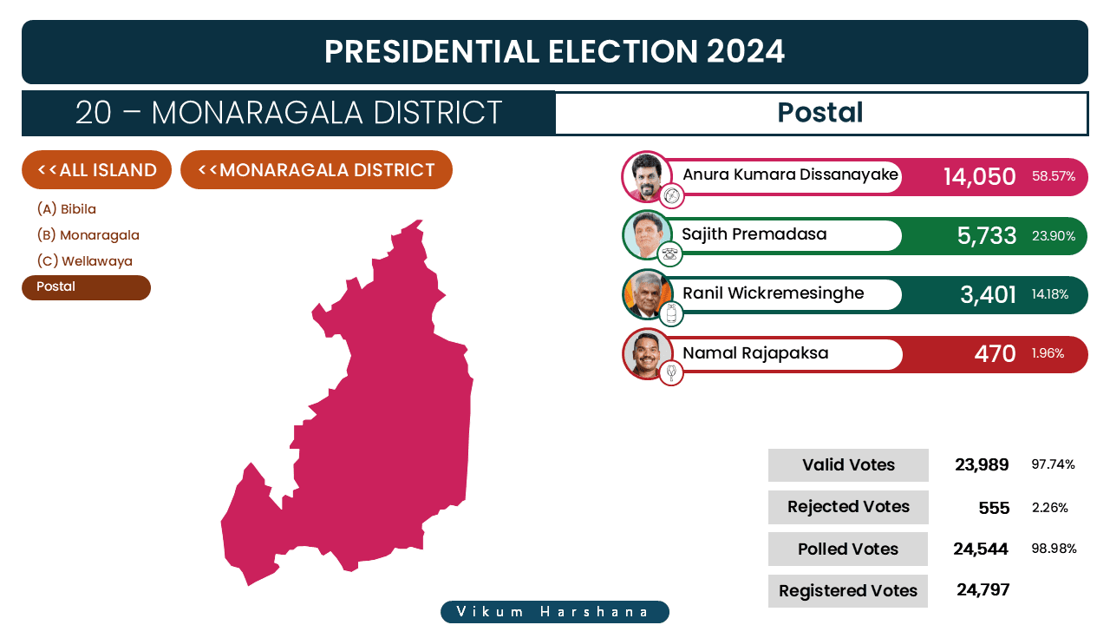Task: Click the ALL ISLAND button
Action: pyautogui.click(x=96, y=169)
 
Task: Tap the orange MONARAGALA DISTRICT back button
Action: pyautogui.click(x=317, y=169)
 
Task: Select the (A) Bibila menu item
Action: pyautogui.click(x=67, y=209)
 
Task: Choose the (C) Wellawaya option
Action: pyautogui.click(x=85, y=261)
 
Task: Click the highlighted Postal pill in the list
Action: pyautogui.click(x=86, y=287)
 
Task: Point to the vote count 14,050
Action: pyautogui.click(x=979, y=176)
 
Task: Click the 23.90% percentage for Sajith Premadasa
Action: pyautogui.click(x=1054, y=235)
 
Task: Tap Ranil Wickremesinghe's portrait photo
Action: pyautogui.click(x=647, y=294)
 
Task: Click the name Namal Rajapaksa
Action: pyautogui.click(x=755, y=352)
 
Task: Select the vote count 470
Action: pyautogui.click(x=995, y=353)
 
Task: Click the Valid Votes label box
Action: pyautogui.click(x=848, y=464)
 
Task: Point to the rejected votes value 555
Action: pyautogui.click(x=994, y=508)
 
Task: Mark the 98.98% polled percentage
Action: pyautogui.click(x=1054, y=548)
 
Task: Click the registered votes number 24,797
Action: pyautogui.click(x=983, y=589)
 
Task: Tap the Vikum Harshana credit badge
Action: pyautogui.click(x=555, y=612)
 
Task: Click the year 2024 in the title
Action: pyautogui.click(x=745, y=51)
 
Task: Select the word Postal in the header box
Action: pyautogui.click(x=820, y=112)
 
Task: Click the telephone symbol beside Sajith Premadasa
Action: pyautogui.click(x=670, y=254)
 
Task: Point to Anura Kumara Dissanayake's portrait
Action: pyautogui.click(x=647, y=176)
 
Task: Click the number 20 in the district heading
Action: pyautogui.click(x=93, y=113)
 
